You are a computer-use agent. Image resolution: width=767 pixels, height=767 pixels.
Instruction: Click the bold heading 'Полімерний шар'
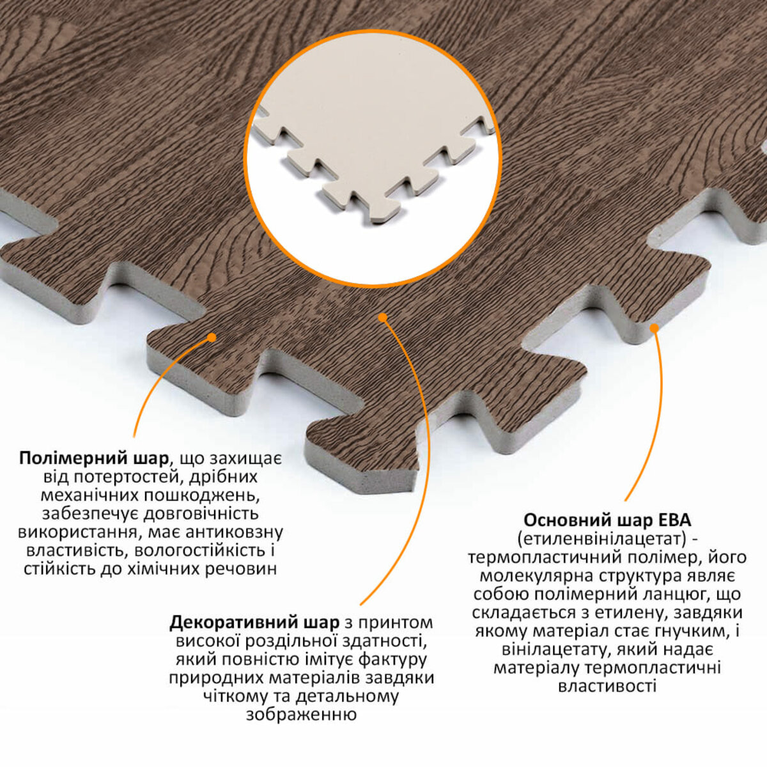94,458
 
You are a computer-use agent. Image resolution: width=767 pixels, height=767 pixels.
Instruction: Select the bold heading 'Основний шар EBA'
607,521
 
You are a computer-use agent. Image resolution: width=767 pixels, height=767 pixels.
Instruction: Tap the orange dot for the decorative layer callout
382,317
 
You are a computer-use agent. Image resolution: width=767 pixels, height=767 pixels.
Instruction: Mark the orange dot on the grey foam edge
654,328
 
